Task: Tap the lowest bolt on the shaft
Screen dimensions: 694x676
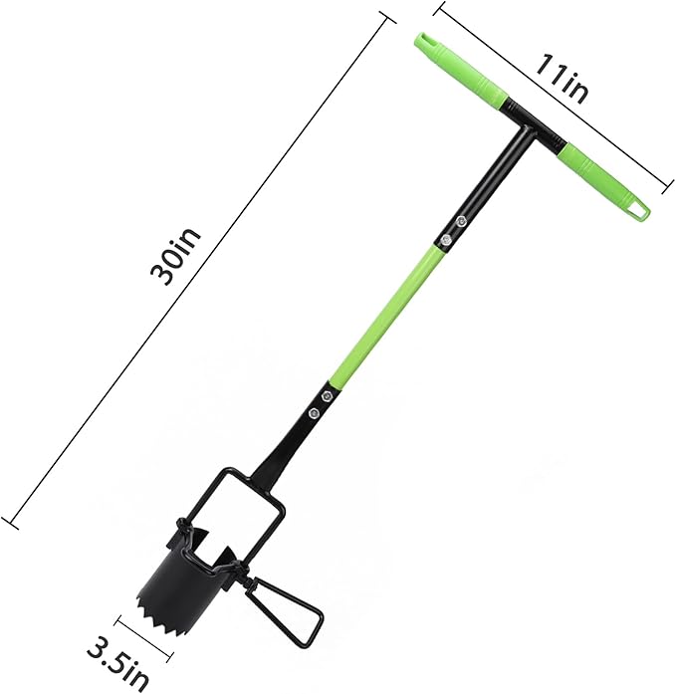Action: click(x=315, y=412)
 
